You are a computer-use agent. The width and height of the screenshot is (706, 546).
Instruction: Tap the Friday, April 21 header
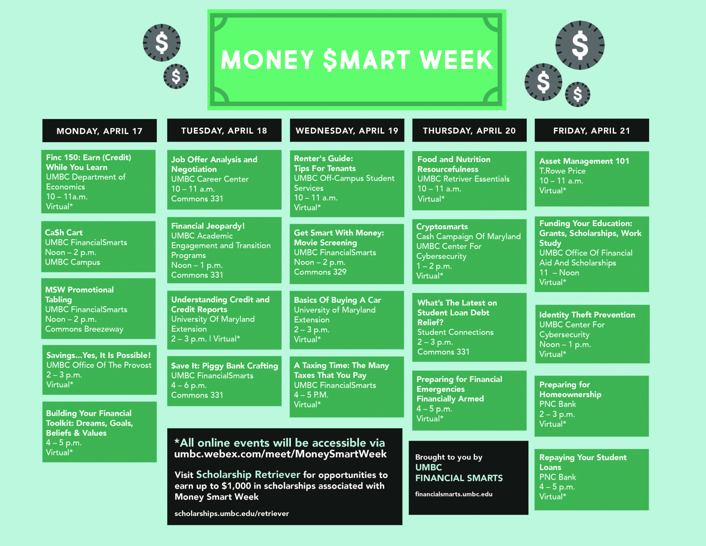592,130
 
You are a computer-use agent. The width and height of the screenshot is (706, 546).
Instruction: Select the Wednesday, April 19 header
347,130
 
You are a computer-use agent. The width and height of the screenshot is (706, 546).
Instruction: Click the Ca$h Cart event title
64,233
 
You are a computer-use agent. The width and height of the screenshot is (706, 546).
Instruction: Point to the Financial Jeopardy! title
208,226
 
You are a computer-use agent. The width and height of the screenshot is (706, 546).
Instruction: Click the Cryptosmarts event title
442,226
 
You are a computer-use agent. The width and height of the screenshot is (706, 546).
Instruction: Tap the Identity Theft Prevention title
587,315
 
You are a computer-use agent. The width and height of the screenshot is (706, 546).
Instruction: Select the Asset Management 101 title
584,161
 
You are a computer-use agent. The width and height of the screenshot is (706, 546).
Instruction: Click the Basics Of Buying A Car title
337,300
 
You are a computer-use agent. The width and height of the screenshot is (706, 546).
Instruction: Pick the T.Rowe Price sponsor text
562,171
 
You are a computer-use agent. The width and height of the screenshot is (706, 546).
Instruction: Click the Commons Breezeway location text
84,329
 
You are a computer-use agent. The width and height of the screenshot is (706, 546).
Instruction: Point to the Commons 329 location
320,272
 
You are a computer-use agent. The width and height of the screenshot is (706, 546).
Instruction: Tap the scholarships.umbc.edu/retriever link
231,513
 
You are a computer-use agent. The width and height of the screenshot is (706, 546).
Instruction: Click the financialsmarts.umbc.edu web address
454,494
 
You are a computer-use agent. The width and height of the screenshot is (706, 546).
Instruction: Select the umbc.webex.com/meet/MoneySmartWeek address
280,454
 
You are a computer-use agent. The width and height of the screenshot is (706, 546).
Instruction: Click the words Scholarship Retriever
248,474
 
